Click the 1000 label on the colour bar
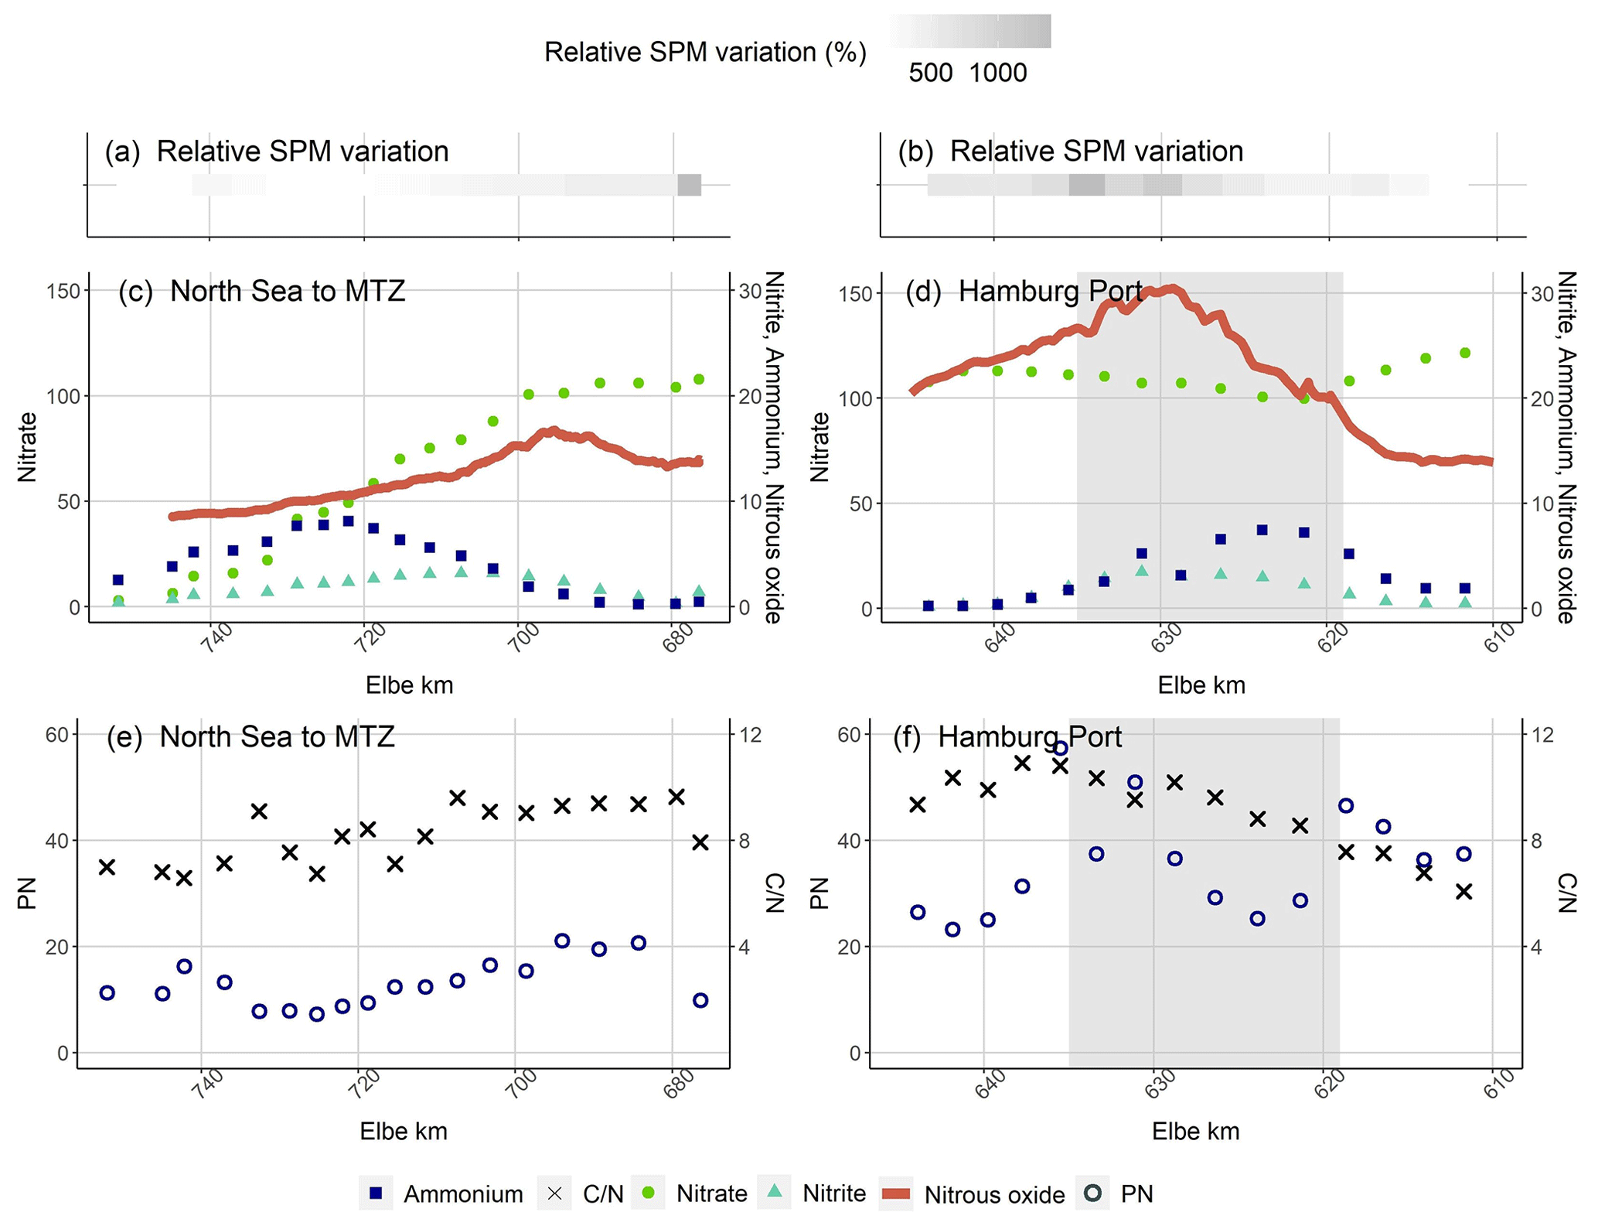(x=997, y=73)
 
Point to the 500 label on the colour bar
(x=930, y=73)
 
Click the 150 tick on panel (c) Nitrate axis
(x=63, y=291)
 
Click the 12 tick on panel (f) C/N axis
(x=1542, y=735)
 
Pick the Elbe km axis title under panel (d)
(x=1201, y=685)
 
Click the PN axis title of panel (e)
(x=27, y=893)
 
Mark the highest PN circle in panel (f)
(x=1061, y=748)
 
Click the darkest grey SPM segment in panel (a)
(x=689, y=185)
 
